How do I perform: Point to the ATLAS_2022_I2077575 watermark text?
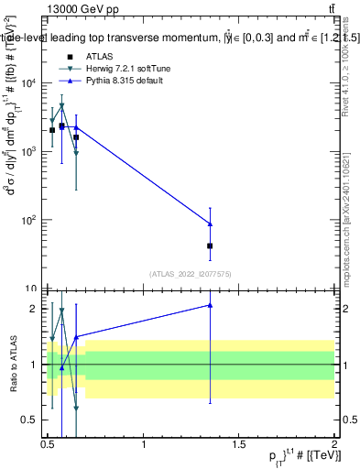pyautogui.click(x=190, y=273)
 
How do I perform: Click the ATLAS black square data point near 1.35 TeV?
pyautogui.click(x=211, y=245)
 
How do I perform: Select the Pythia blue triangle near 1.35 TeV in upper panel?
pyautogui.click(x=211, y=224)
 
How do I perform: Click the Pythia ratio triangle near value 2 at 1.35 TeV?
pyautogui.click(x=211, y=305)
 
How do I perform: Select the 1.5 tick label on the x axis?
pyautogui.click(x=239, y=444)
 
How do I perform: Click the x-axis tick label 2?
pyautogui.click(x=334, y=444)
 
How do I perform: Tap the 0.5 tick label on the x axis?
pyautogui.click(x=49, y=444)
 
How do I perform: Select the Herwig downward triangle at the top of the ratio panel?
pyautogui.click(x=61, y=311)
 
